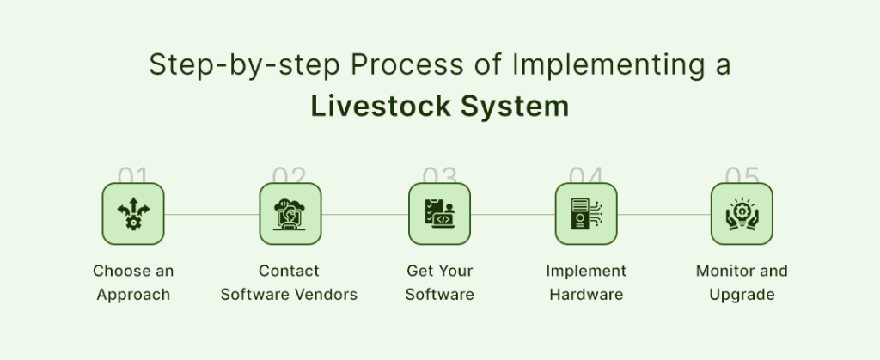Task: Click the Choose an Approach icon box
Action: pyautogui.click(x=133, y=214)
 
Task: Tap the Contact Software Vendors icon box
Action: pyautogui.click(x=290, y=214)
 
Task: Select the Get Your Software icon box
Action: pyautogui.click(x=439, y=214)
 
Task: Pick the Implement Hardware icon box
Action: pyautogui.click(x=586, y=214)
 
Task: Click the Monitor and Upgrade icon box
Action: pyautogui.click(x=742, y=214)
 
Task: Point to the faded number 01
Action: pyautogui.click(x=133, y=176)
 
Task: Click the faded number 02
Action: pyautogui.click(x=290, y=176)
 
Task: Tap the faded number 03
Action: pyautogui.click(x=439, y=176)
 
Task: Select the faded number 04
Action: pyautogui.click(x=586, y=176)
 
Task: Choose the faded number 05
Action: pyautogui.click(x=742, y=176)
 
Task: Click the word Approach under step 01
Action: pyautogui.click(x=133, y=295)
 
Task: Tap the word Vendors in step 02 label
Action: pyautogui.click(x=326, y=295)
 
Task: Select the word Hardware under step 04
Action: pyautogui.click(x=585, y=295)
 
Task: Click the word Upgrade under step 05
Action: pyautogui.click(x=742, y=295)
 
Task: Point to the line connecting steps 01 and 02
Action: pyautogui.click(x=211, y=214)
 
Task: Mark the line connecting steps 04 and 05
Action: pyautogui.click(x=663, y=214)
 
